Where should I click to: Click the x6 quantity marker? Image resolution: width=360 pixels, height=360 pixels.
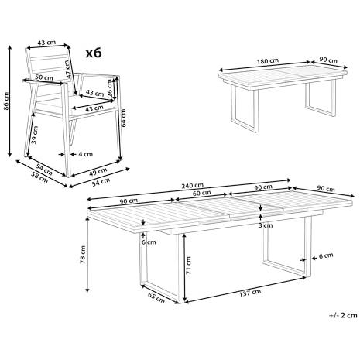(x=94, y=53)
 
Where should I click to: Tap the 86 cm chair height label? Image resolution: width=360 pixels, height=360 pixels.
(x=6, y=101)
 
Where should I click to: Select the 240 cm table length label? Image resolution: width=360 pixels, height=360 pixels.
(x=192, y=185)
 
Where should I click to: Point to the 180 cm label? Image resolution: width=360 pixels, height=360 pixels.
(x=268, y=61)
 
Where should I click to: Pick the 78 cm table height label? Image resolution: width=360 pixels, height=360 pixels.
(x=83, y=255)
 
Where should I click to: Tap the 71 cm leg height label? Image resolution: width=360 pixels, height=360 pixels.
(x=188, y=266)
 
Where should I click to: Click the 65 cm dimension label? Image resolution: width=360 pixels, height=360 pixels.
(x=156, y=298)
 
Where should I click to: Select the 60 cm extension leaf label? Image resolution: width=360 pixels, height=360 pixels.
(x=202, y=193)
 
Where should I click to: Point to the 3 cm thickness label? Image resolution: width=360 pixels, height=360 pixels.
(x=266, y=225)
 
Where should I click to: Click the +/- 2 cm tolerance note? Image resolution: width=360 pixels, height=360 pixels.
(x=343, y=315)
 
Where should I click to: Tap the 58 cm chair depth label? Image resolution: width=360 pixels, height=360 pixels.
(x=39, y=177)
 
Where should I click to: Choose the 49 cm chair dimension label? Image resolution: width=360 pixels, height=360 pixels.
(x=98, y=172)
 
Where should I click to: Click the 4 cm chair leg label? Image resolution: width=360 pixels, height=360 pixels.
(x=85, y=154)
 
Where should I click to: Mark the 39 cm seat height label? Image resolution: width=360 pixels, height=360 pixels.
(x=34, y=135)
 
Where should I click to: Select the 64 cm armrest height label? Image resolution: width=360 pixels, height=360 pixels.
(x=123, y=118)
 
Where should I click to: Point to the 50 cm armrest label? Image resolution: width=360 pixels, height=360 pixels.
(x=44, y=77)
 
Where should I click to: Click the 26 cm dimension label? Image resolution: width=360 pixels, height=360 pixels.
(x=110, y=88)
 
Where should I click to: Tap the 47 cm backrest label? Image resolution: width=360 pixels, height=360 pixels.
(x=67, y=69)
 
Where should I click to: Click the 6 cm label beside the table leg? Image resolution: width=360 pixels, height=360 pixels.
(x=326, y=255)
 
